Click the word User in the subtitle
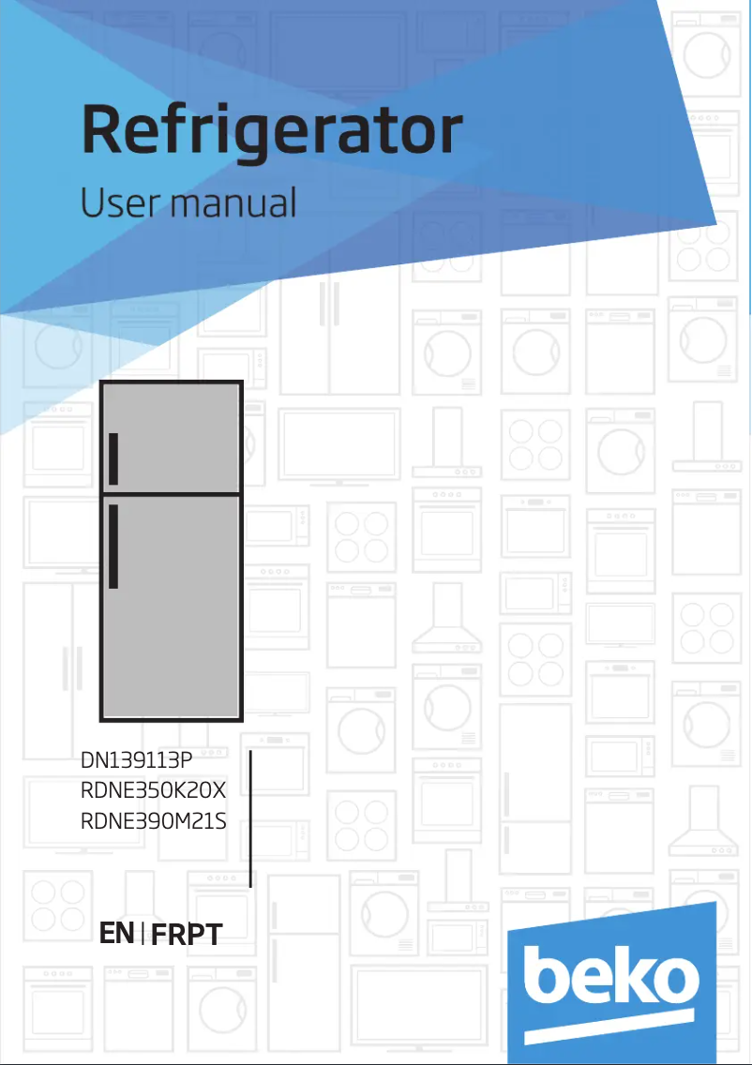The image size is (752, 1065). pyautogui.click(x=120, y=202)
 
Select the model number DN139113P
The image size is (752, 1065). pyautogui.click(x=137, y=759)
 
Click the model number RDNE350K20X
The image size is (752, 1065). pyautogui.click(x=153, y=790)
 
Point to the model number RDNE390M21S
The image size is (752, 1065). pyautogui.click(x=154, y=821)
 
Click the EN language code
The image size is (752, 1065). pyautogui.click(x=116, y=933)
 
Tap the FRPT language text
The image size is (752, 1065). pyautogui.click(x=187, y=935)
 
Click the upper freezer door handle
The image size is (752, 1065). pyautogui.click(x=113, y=459)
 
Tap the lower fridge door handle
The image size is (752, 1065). pyautogui.click(x=113, y=546)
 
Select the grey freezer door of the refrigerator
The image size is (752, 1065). pyautogui.click(x=172, y=437)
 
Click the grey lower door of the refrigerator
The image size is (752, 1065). pyautogui.click(x=172, y=607)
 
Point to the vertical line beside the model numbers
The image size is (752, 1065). pyautogui.click(x=250, y=818)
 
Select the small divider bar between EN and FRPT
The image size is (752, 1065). pyautogui.click(x=143, y=934)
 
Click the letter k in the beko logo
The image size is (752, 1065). pyautogui.click(x=634, y=970)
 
